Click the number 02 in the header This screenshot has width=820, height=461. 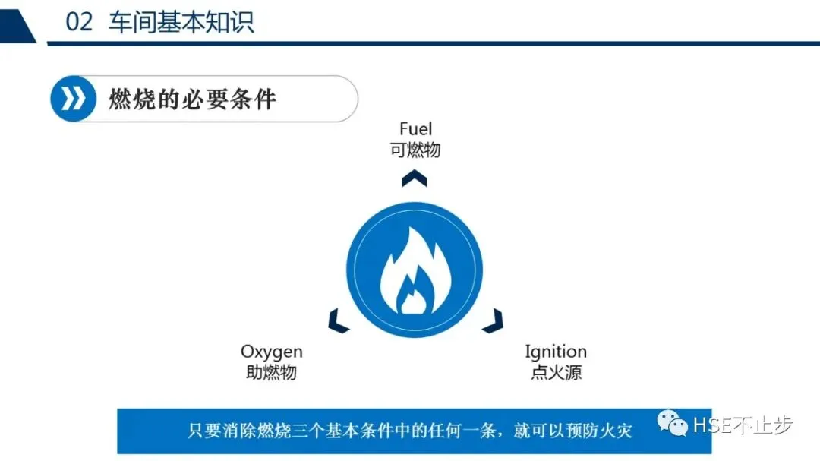(x=79, y=22)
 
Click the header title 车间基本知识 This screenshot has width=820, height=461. (x=181, y=22)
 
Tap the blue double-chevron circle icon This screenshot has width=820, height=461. (x=74, y=99)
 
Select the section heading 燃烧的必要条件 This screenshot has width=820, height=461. (x=192, y=99)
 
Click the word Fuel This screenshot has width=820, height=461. (x=415, y=129)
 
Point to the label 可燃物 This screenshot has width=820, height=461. (x=415, y=150)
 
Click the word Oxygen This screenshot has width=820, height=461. (x=272, y=352)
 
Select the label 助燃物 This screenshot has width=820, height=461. (x=271, y=372)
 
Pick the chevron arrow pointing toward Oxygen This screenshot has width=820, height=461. (x=338, y=321)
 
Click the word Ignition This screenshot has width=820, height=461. (x=556, y=352)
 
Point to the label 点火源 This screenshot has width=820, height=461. (x=556, y=372)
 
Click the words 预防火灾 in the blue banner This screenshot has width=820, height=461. (x=595, y=431)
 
